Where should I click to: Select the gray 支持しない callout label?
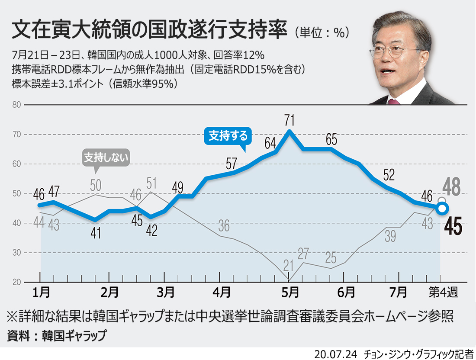(106, 158)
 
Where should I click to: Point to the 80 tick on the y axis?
(16, 105)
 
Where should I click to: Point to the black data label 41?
(96, 233)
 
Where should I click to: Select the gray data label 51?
(151, 182)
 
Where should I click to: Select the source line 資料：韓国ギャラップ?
(57, 335)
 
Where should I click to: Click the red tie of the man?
(393, 102)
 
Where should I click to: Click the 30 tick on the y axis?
(16, 253)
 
